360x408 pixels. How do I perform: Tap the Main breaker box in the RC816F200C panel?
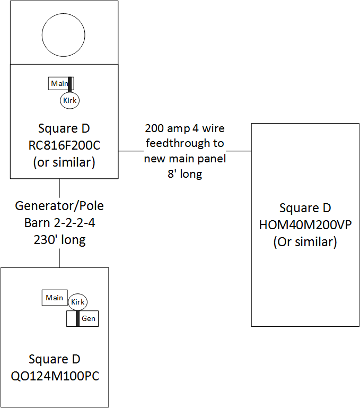point(59,83)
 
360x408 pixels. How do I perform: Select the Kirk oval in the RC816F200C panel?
point(70,100)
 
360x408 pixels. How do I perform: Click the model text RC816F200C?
point(64,145)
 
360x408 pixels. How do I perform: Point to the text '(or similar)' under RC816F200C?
point(64,162)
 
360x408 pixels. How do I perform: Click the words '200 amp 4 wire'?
point(185,128)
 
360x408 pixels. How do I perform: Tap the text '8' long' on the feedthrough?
point(185,173)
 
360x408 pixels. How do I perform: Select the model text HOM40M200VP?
point(305,225)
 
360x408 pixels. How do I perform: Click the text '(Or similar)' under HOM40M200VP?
point(305,242)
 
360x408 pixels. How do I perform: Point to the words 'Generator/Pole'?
point(59,206)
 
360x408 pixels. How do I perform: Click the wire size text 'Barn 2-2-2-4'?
point(59,223)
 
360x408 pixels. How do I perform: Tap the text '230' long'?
point(59,240)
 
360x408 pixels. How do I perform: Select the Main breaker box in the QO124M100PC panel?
point(55,298)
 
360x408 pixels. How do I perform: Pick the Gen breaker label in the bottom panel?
point(89,318)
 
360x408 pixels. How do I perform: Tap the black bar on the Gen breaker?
point(77,318)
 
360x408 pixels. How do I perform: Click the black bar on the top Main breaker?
point(70,84)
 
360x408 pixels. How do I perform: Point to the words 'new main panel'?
point(185,159)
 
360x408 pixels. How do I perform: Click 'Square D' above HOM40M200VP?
point(305,208)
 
